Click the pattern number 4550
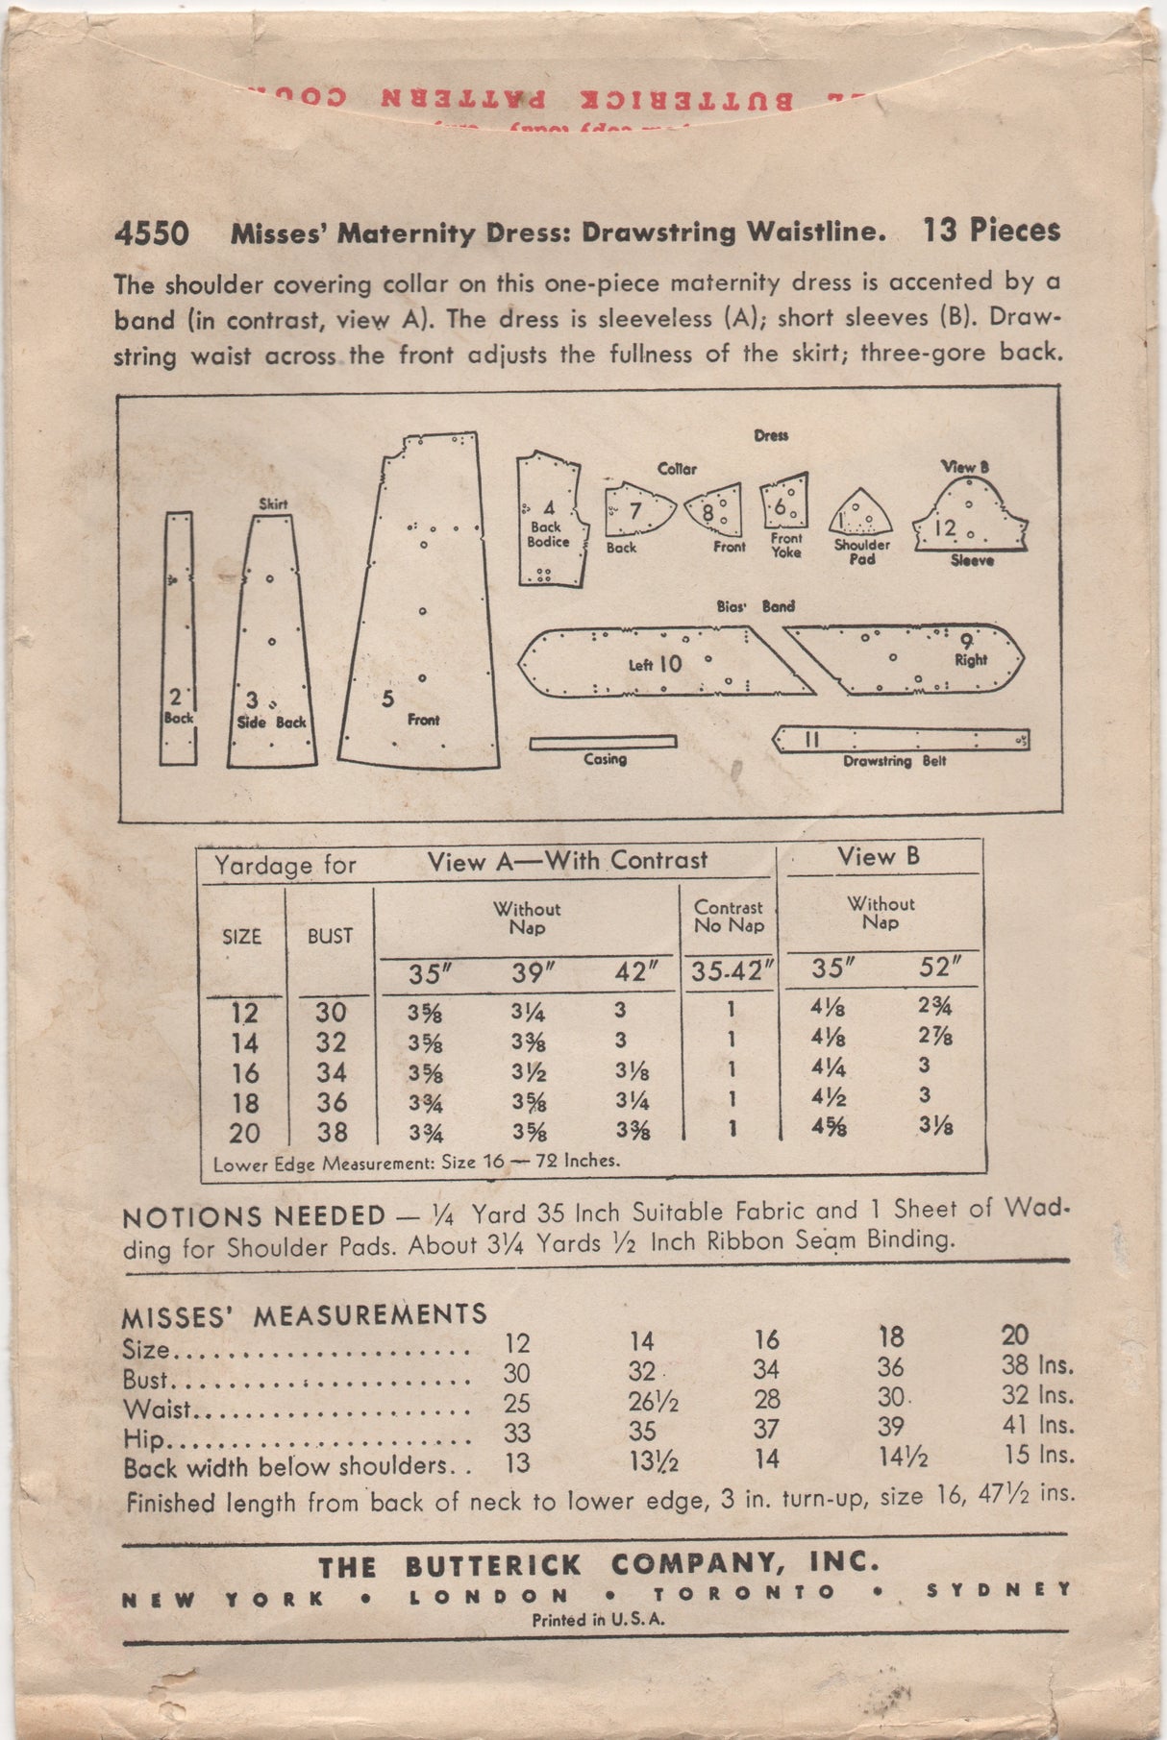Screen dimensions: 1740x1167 pyautogui.click(x=150, y=233)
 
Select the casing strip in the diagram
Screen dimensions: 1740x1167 pyautogui.click(x=603, y=742)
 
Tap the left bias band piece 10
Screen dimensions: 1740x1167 pyautogui.click(x=663, y=662)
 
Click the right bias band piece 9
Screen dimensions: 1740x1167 pyautogui.click(x=904, y=658)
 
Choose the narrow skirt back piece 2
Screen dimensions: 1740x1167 pyautogui.click(x=178, y=639)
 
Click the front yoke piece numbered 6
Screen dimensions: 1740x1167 pyautogui.click(x=784, y=503)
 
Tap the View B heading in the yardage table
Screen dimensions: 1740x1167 pyautogui.click(x=878, y=856)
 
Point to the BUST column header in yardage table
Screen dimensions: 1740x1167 pyautogui.click(x=330, y=936)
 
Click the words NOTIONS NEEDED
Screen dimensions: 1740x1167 pyautogui.click(x=254, y=1216)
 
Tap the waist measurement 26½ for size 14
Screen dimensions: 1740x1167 pyautogui.click(x=654, y=1402)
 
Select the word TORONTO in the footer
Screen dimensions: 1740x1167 pyautogui.click(x=745, y=1592)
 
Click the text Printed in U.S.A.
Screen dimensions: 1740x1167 pyautogui.click(x=598, y=1619)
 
